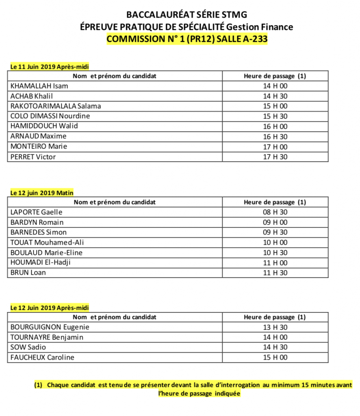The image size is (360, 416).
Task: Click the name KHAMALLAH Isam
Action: point(39,86)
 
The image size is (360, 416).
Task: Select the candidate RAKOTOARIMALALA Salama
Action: point(55,106)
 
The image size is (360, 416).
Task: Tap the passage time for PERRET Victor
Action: point(275,157)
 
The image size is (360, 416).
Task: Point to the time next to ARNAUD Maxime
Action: point(275,136)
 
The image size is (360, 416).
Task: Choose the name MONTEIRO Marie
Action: point(39,146)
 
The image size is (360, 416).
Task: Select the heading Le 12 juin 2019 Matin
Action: point(42,193)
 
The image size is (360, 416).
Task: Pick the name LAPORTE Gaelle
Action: point(37,212)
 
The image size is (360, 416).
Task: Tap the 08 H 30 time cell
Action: point(275,212)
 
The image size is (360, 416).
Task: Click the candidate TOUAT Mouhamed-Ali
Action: point(47,243)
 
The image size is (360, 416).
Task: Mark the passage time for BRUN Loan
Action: point(275,273)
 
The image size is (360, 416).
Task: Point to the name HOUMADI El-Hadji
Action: point(40,262)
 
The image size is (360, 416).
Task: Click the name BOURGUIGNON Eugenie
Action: point(50,327)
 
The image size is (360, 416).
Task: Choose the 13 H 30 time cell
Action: point(275,327)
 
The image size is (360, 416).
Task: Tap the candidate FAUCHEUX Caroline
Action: point(42,357)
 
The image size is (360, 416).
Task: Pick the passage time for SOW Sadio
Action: point(275,347)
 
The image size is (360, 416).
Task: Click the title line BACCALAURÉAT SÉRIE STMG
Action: point(187,15)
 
